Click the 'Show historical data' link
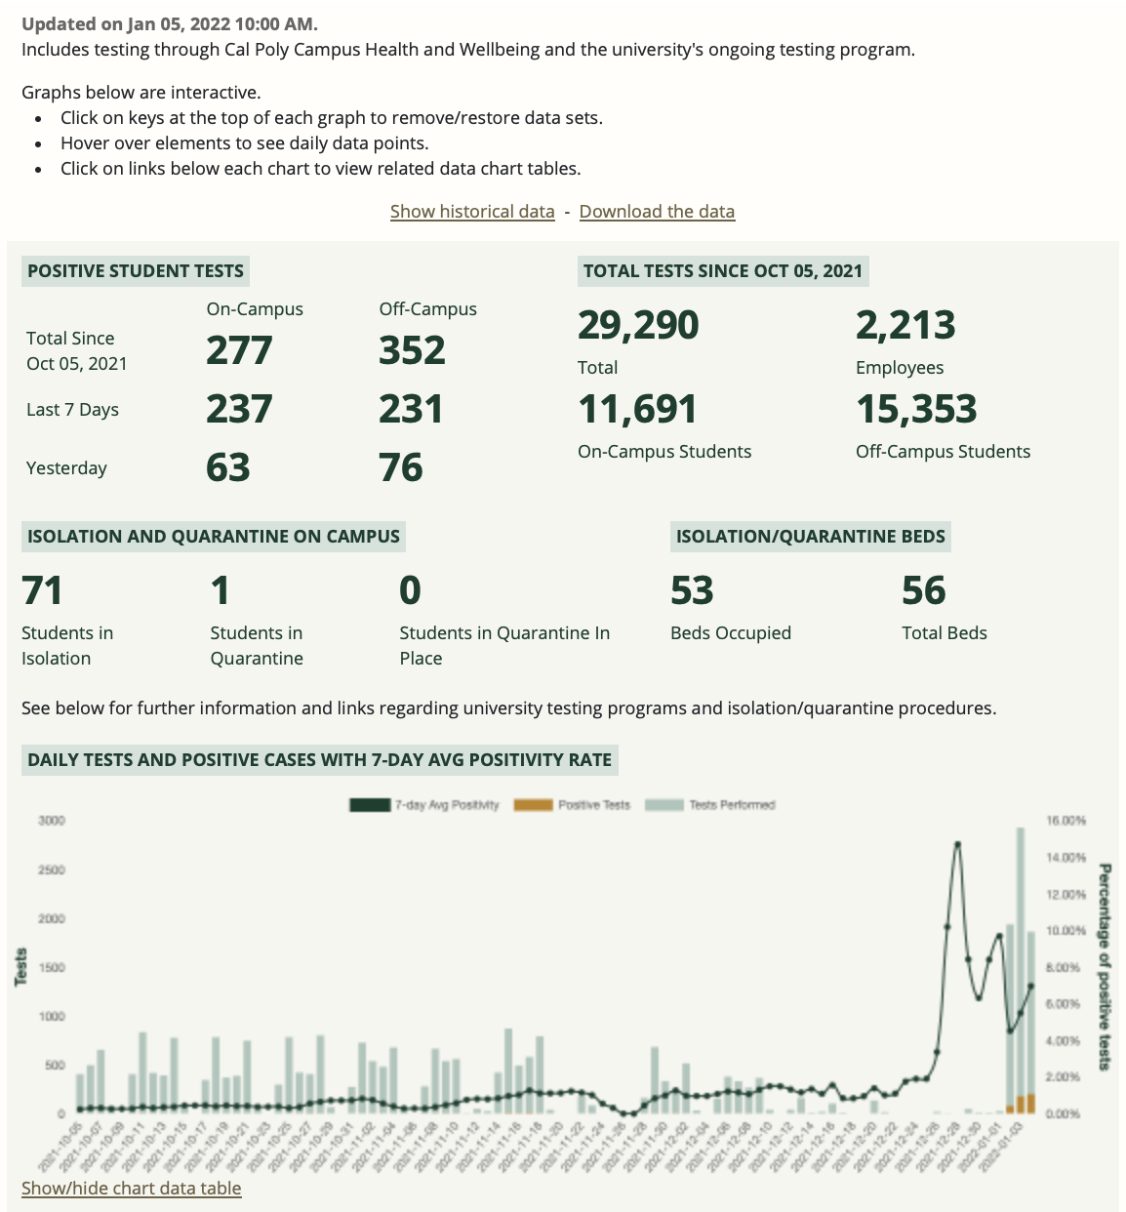tap(472, 212)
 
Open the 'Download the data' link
tap(657, 212)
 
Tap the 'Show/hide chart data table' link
tap(132, 1189)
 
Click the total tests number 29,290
tap(638, 326)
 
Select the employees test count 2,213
tap(905, 326)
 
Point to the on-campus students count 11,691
tap(637, 410)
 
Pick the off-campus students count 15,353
tap(916, 410)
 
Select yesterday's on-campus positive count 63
tap(228, 468)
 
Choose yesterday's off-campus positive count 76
tap(401, 468)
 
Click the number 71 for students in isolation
tap(42, 591)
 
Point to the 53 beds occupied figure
tap(692, 591)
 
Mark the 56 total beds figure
tap(923, 591)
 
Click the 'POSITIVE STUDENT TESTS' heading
tap(136, 271)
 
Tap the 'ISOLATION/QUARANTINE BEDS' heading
tap(810, 537)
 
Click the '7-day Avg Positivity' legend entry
tap(425, 805)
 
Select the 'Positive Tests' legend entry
tap(573, 805)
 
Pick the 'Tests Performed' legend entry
tap(711, 805)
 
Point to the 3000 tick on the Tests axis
tap(52, 821)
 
